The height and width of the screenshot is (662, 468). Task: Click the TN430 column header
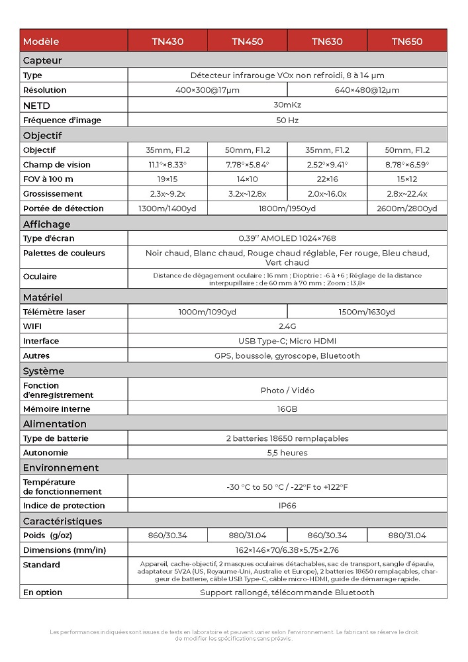[x=167, y=42]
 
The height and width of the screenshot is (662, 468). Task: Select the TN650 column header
[x=406, y=42]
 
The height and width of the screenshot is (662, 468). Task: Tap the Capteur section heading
[x=42, y=60]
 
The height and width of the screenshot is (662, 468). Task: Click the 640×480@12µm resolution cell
[x=367, y=90]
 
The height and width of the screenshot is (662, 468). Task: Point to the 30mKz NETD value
[x=287, y=105]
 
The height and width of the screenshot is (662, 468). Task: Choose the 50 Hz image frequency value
[x=287, y=120]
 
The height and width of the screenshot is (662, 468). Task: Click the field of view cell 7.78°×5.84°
[x=247, y=165]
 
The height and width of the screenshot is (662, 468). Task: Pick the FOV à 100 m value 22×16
[x=327, y=179]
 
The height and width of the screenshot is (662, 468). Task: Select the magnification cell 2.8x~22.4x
[x=406, y=194]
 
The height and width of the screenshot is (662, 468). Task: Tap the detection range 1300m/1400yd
[x=167, y=209]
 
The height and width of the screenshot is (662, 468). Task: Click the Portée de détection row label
[x=63, y=209]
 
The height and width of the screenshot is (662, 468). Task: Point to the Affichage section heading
[x=46, y=224]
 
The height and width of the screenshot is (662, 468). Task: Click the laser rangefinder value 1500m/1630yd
[x=367, y=312]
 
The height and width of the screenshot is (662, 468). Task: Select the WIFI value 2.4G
[x=287, y=326]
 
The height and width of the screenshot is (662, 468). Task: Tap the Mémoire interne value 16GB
[x=287, y=409]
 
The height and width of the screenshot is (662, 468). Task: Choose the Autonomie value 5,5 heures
[x=287, y=453]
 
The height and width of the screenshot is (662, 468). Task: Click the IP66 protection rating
[x=287, y=506]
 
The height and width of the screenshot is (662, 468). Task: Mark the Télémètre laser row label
[x=54, y=312]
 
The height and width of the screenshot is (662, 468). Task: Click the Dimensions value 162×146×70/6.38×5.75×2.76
[x=287, y=550]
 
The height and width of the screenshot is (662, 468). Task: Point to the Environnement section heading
[x=61, y=467]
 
